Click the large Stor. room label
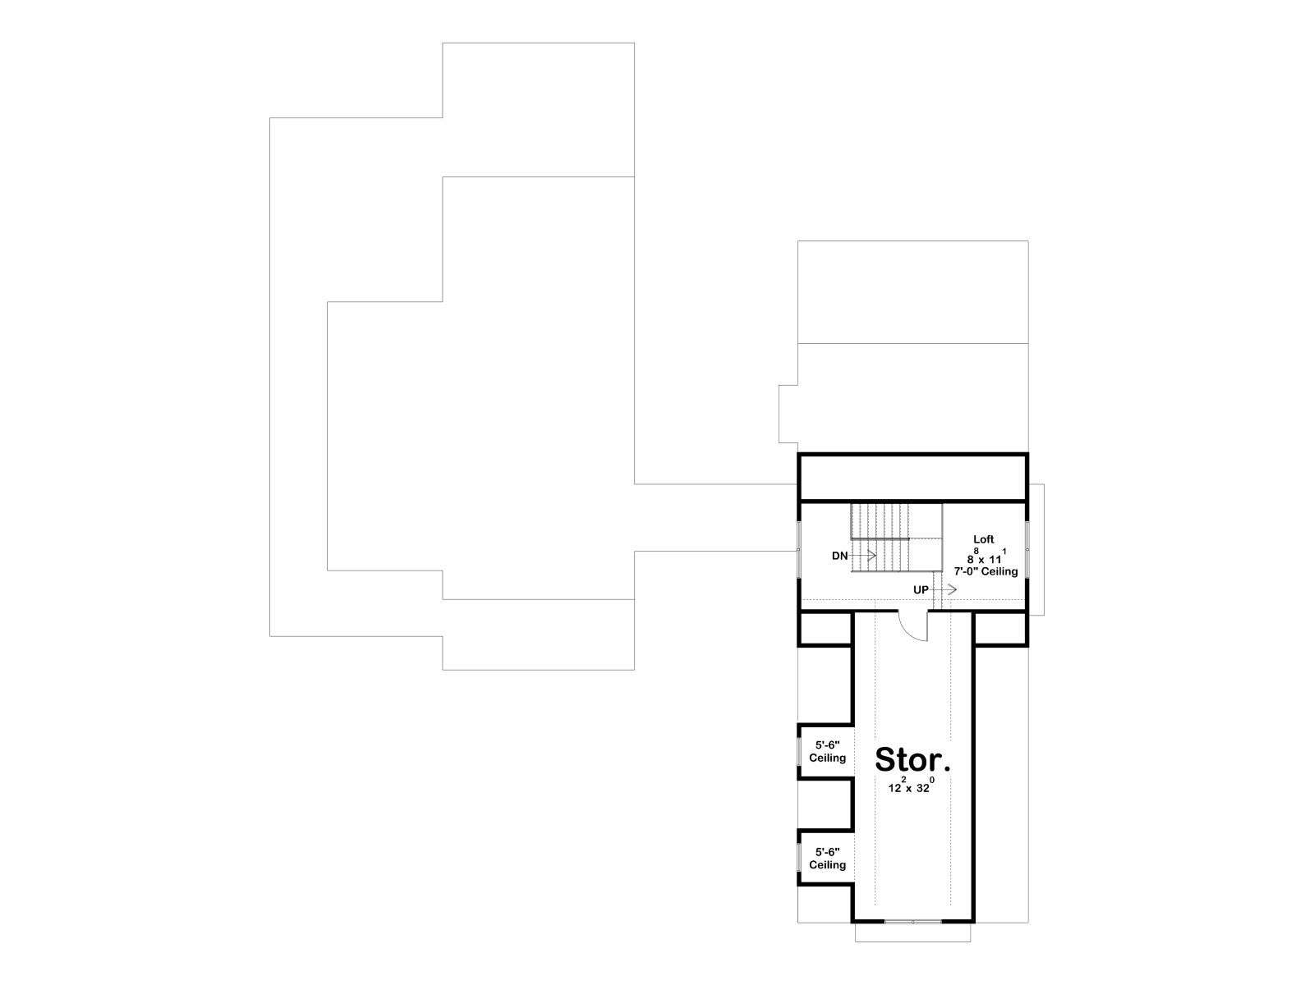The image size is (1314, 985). (912, 759)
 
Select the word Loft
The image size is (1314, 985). (984, 538)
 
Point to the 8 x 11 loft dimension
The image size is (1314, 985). (985, 557)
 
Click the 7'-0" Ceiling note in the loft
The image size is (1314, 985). (985, 571)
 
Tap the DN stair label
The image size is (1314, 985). (839, 556)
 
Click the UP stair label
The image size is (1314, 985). (921, 589)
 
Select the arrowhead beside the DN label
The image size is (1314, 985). (873, 556)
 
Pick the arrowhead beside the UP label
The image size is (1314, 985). (953, 589)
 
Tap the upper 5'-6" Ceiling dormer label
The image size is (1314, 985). (827, 751)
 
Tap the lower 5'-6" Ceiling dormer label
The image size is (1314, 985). (827, 859)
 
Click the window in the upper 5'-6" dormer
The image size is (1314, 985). (799, 751)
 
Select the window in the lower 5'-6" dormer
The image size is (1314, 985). (799, 859)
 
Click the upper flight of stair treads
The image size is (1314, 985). (880, 520)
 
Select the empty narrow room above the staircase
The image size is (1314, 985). (913, 477)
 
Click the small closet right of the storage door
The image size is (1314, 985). (1000, 627)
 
